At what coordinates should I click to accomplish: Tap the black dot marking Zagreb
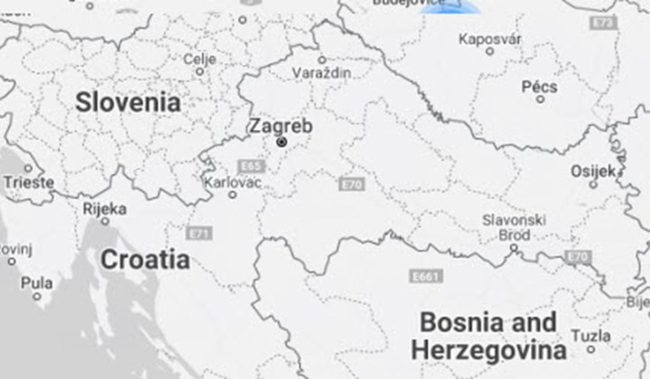point(282,142)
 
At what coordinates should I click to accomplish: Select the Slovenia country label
point(127,102)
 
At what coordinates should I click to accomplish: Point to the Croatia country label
point(144,260)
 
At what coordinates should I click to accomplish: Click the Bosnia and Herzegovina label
point(488,336)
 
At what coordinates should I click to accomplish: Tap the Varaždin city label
point(322,71)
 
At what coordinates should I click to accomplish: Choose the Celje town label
point(200,59)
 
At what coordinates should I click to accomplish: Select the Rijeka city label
point(104,208)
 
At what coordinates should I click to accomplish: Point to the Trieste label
point(28,181)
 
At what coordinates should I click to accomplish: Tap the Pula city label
point(36,282)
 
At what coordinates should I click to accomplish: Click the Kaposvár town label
point(490,39)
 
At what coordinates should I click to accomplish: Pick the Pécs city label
point(540,87)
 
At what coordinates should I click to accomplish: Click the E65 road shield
point(250,166)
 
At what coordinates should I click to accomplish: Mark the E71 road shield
point(200,233)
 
